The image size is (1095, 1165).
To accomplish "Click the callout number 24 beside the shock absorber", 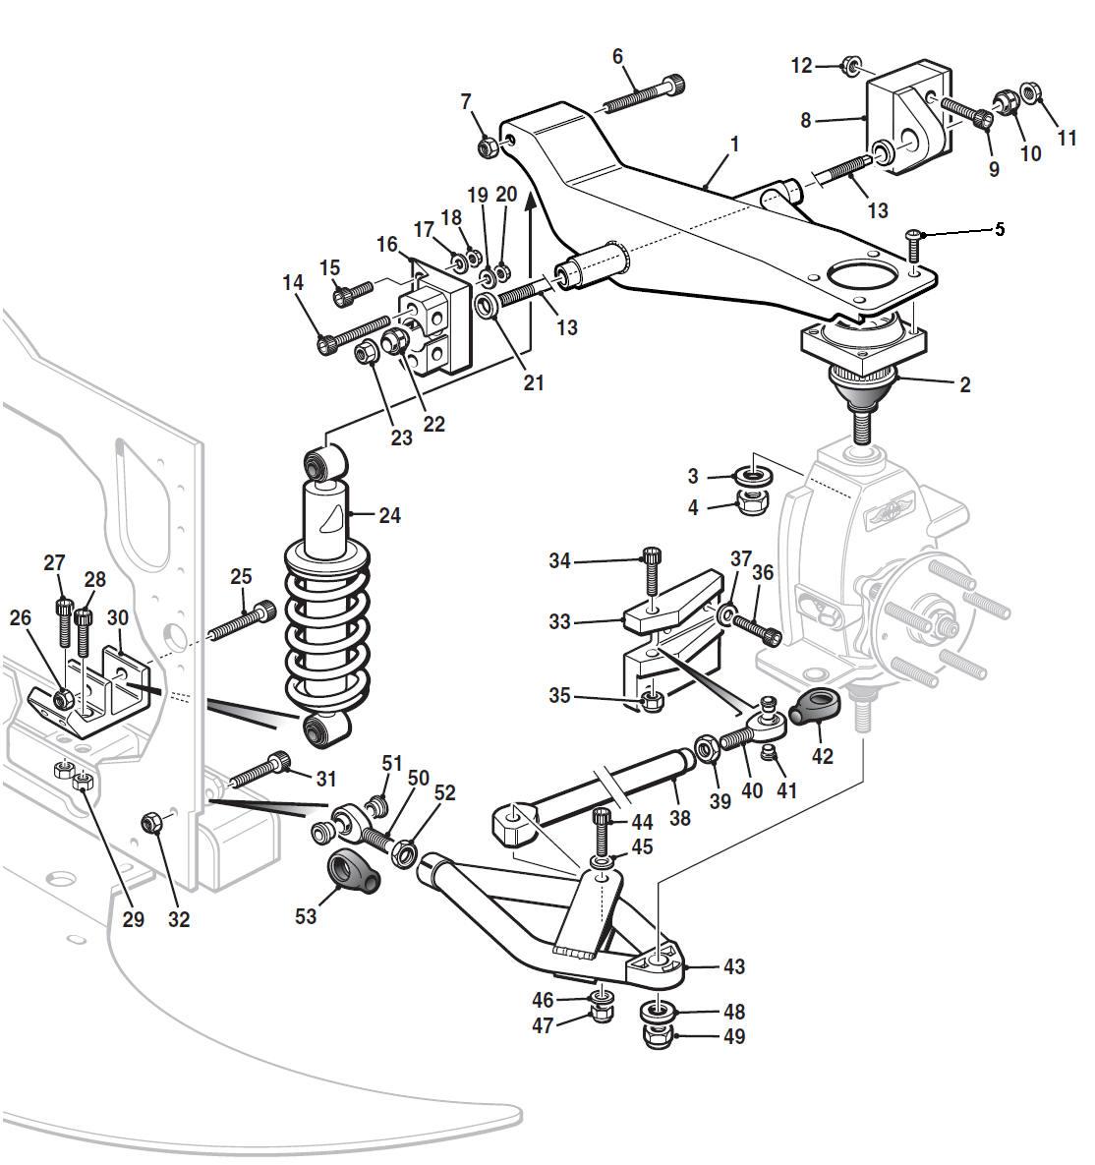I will click(389, 514).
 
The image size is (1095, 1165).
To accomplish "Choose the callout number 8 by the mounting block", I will click(806, 120).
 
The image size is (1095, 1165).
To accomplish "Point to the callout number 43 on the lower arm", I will click(734, 966).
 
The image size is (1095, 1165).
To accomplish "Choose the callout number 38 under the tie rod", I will click(679, 817).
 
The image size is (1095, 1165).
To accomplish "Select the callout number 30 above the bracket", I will click(118, 617).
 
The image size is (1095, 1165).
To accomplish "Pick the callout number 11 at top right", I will click(1067, 139).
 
